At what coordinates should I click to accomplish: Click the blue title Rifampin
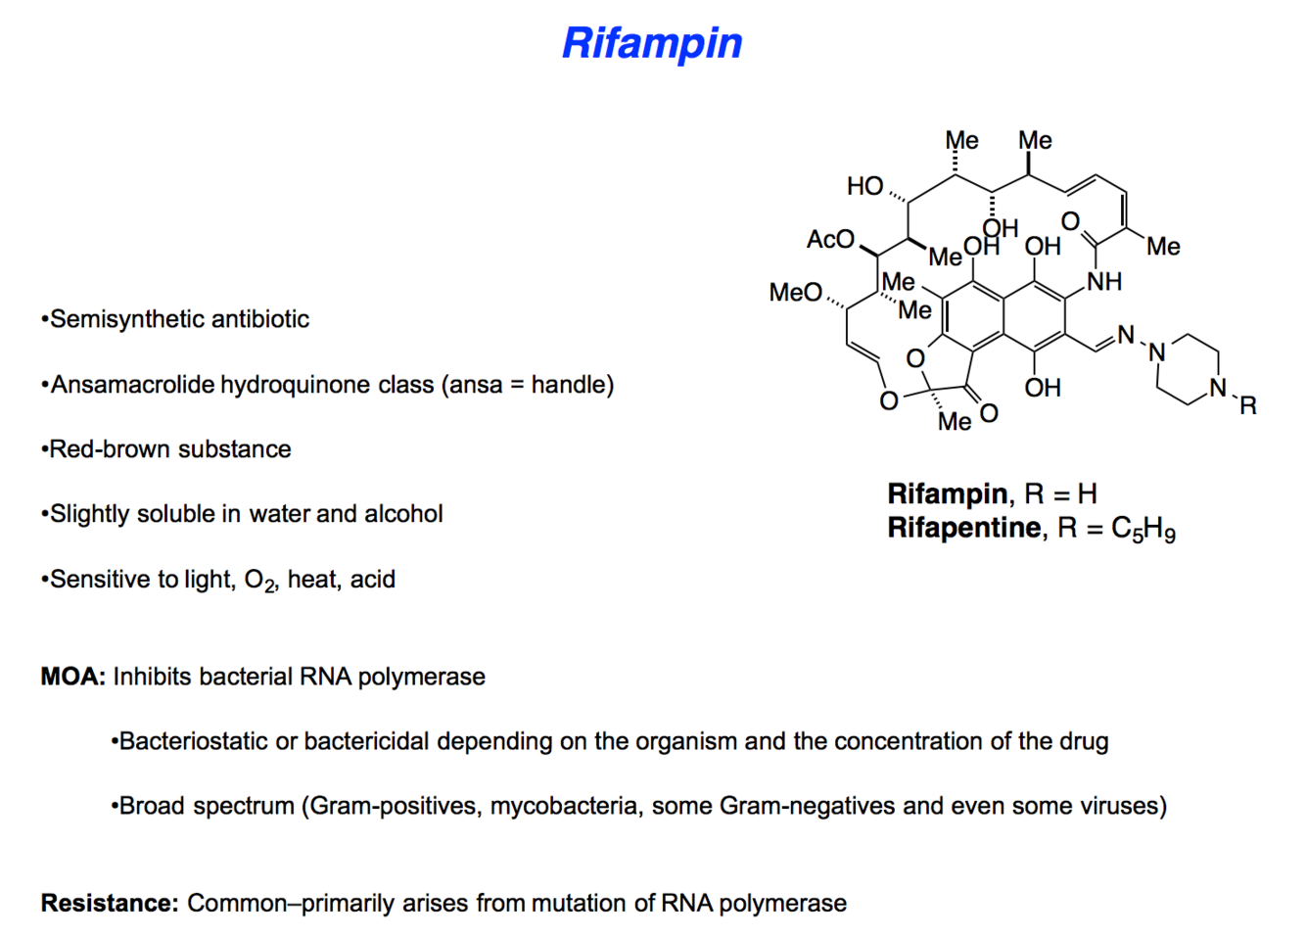click(x=652, y=43)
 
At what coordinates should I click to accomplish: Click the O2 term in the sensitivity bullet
click(x=259, y=581)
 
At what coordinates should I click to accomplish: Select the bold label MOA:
click(x=72, y=677)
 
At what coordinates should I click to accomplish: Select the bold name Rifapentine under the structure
click(x=964, y=528)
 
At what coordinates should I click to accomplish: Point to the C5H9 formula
click(x=1143, y=530)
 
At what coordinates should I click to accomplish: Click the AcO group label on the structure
click(x=830, y=240)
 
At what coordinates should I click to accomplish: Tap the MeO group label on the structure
click(x=795, y=293)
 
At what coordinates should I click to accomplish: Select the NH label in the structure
click(x=1104, y=282)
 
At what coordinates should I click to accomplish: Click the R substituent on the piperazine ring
click(x=1248, y=405)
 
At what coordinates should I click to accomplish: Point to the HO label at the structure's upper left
click(x=864, y=186)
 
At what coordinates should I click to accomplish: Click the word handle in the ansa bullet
click(x=568, y=385)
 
